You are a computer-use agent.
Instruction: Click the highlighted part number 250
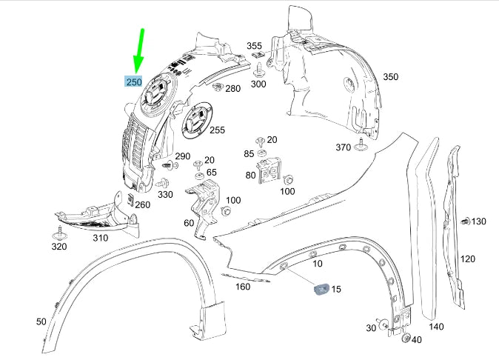[x=133, y=81]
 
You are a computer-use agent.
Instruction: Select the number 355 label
[x=255, y=46]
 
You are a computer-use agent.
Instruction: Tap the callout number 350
[x=390, y=76]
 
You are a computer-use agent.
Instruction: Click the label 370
[x=343, y=147]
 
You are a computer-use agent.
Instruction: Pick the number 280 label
[x=232, y=89]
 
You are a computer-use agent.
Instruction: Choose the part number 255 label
[x=217, y=130]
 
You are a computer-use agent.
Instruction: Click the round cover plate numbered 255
[x=196, y=121]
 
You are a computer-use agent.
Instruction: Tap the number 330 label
[x=164, y=194]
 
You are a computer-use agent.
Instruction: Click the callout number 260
[x=142, y=205]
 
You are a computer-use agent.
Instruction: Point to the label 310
[x=100, y=238]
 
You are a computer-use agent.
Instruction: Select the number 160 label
[x=242, y=287]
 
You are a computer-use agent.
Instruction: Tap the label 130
[x=479, y=221]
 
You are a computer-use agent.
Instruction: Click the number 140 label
[x=437, y=326]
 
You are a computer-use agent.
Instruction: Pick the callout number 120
[x=468, y=259]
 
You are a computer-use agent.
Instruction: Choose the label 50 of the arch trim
[x=41, y=321]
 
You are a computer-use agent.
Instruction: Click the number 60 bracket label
[x=188, y=223]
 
